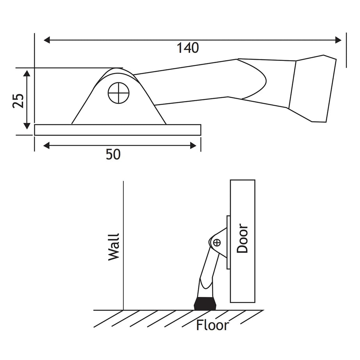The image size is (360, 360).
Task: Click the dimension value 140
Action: coord(188,48)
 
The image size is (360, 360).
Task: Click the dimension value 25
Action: coord(18,100)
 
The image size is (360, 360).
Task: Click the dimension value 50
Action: coord(113,155)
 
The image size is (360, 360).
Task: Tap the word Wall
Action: coord(114,247)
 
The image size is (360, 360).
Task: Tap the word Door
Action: coord(242,238)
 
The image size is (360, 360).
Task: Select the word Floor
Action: coord(212,325)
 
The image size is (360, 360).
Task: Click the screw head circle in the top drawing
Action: coord(119,93)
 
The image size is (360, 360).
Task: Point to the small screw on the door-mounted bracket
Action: coord(217,242)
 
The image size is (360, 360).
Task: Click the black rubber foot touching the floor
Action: coord(205,303)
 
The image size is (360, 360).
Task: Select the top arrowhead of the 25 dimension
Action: coord(26,74)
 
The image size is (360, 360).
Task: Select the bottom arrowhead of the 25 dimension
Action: coord(26,126)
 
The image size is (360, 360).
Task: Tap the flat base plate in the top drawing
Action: coord(117,130)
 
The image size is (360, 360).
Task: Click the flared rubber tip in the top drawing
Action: coord(314,89)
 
